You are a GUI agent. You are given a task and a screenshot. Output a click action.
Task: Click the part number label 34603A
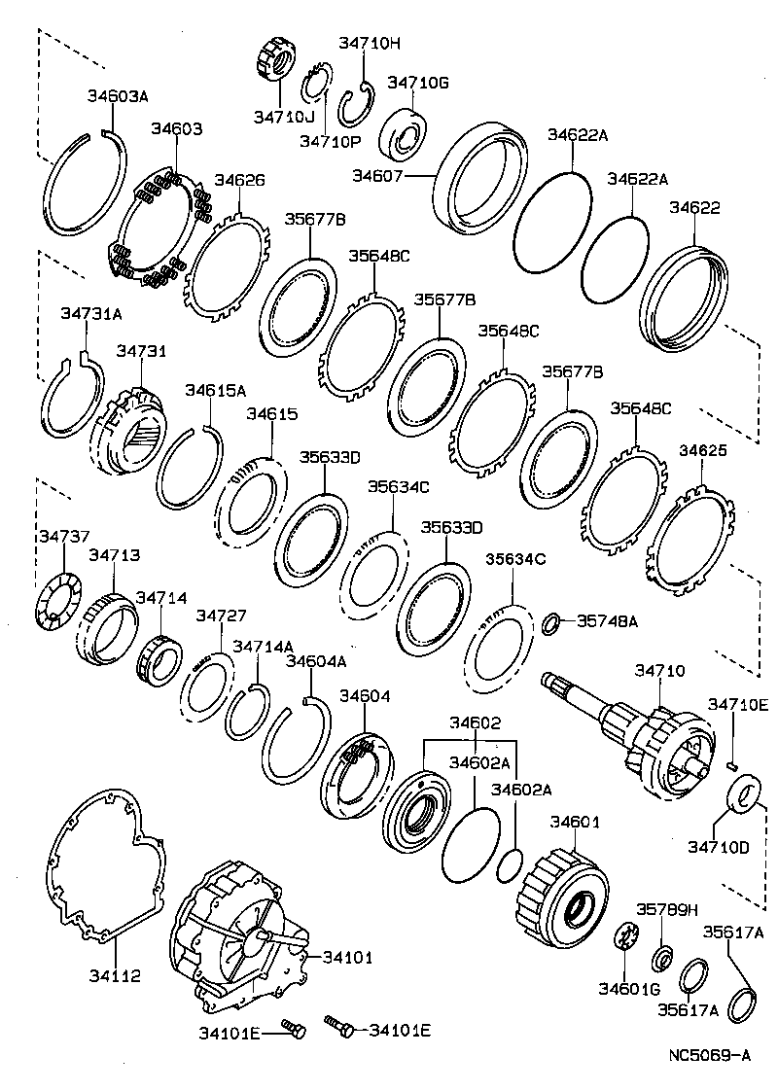tap(117, 96)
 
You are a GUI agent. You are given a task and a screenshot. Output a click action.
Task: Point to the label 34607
tap(376, 176)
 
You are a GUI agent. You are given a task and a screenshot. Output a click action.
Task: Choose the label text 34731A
tap(90, 314)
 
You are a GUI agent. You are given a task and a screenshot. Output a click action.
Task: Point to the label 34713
tap(114, 555)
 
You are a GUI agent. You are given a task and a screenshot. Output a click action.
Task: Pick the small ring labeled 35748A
tap(551, 622)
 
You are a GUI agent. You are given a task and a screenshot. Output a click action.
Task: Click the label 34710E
tap(737, 704)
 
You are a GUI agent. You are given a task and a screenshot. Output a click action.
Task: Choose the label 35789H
tap(667, 909)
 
